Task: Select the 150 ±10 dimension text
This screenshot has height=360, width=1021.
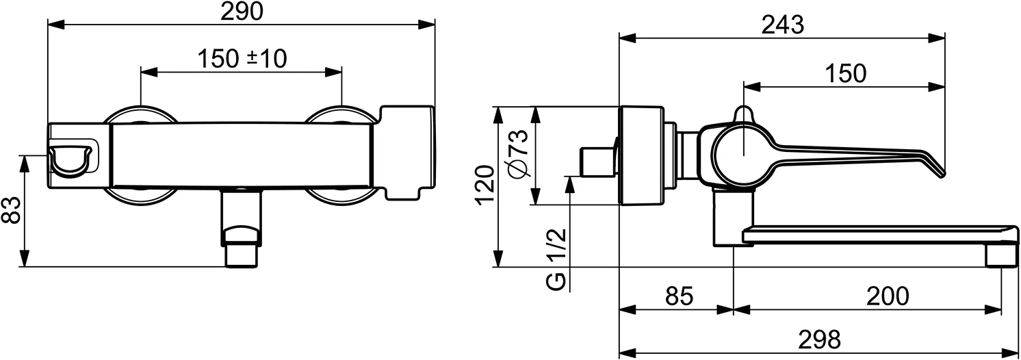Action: pyautogui.click(x=242, y=60)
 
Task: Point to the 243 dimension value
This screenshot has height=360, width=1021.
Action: pyautogui.click(x=782, y=25)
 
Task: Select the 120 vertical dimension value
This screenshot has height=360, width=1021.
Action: pyautogui.click(x=484, y=185)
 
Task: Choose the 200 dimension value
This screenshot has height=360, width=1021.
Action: pyautogui.click(x=888, y=296)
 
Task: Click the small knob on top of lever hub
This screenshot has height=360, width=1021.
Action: pyautogui.click(x=742, y=114)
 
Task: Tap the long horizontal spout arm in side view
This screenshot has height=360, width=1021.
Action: pyautogui.click(x=876, y=235)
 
